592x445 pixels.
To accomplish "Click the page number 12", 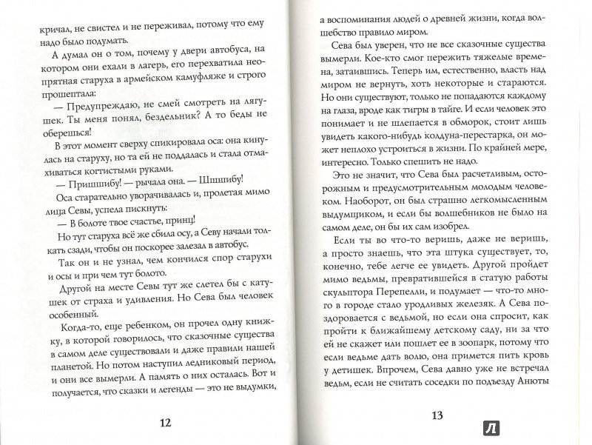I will point(166,422).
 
